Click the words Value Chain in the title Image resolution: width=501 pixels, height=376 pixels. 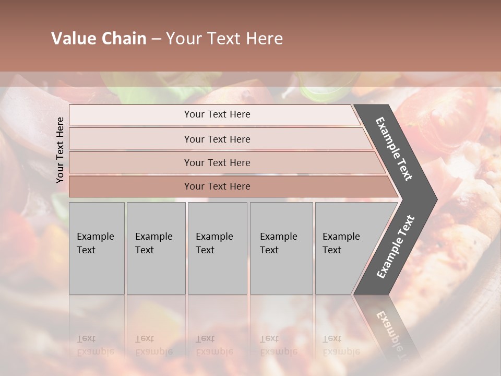(99, 39)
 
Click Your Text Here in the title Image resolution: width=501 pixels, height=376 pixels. (224, 39)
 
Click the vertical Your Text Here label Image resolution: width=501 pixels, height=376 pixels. (60, 150)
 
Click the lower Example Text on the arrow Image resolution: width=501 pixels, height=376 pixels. (396, 246)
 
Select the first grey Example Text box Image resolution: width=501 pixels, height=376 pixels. (97, 248)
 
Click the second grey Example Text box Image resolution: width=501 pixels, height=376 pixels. (156, 248)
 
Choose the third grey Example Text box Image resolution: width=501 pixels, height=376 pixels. (217, 248)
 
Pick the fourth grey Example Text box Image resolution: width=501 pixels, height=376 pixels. (281, 248)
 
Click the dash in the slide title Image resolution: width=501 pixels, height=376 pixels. (156, 39)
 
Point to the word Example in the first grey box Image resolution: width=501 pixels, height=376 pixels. (95, 237)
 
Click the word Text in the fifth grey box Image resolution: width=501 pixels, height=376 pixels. (332, 250)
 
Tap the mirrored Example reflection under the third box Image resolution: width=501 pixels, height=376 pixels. (214, 351)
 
